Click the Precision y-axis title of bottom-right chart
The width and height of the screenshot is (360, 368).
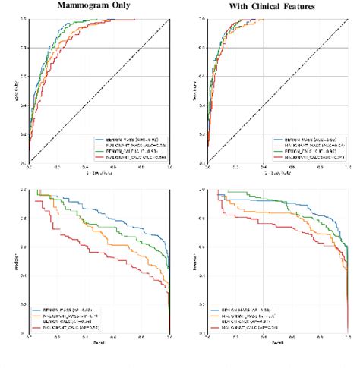click(x=197, y=267)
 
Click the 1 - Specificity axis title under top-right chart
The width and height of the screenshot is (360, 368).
click(x=277, y=172)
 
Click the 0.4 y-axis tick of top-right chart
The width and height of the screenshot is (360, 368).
click(x=203, y=105)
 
